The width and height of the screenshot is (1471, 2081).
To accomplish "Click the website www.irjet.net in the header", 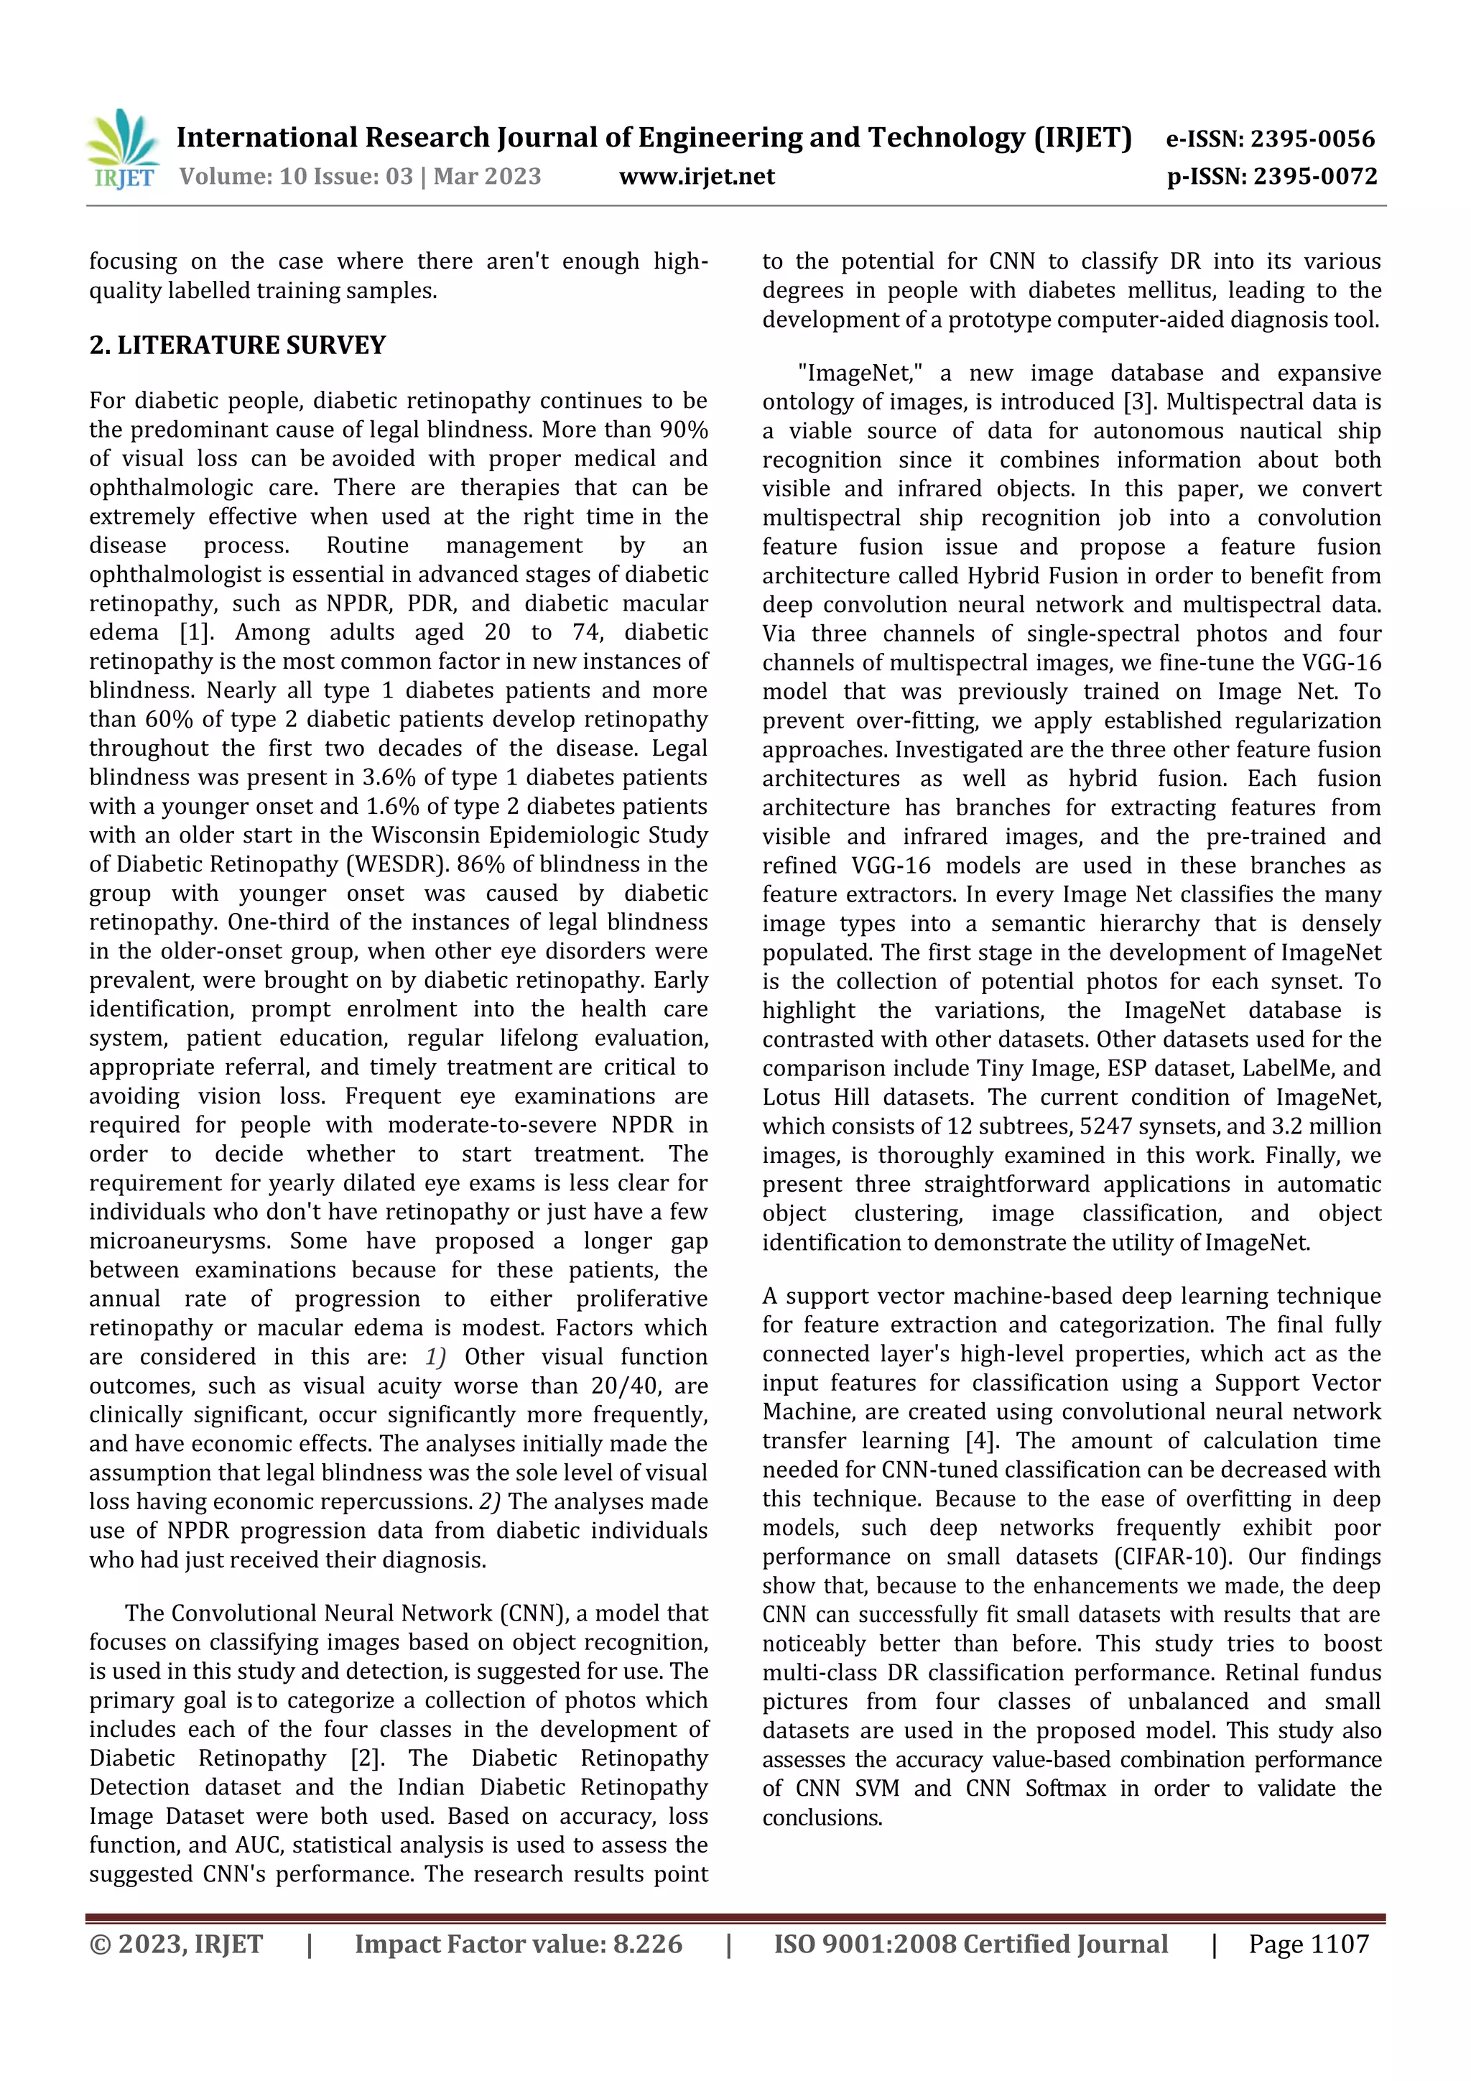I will coord(696,176).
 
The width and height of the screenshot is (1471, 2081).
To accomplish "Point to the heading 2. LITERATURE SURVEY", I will coord(238,346).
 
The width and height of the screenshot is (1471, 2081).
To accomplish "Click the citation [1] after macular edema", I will coord(194,633).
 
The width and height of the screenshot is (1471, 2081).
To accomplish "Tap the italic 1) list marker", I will coord(435,1357).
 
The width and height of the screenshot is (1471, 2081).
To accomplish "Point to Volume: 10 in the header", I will coord(233,176).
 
